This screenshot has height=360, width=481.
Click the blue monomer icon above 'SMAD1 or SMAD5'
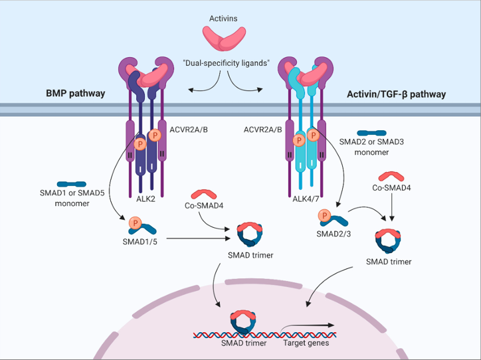click(x=70, y=183)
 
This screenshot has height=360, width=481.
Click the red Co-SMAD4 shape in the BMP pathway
click(x=203, y=194)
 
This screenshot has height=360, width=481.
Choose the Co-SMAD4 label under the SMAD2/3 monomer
click(x=391, y=189)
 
